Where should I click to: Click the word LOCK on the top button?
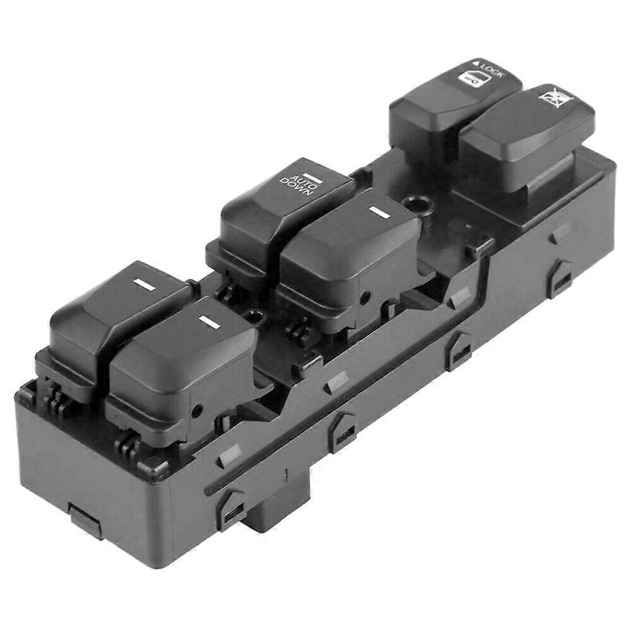(x=493, y=69)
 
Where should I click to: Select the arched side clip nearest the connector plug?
(x=230, y=506)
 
